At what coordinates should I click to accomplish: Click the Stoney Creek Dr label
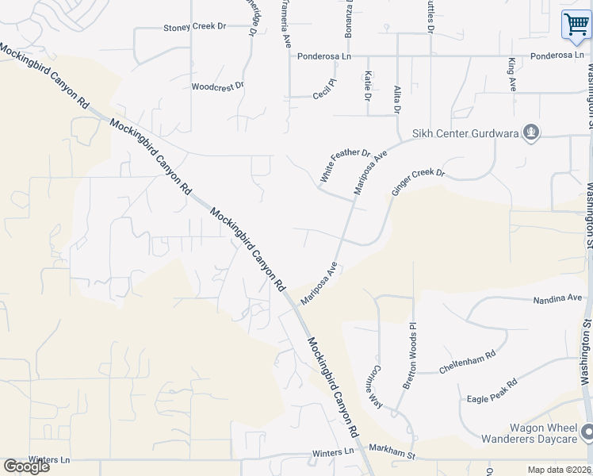pos(195,27)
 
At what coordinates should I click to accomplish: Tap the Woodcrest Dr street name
pos(217,86)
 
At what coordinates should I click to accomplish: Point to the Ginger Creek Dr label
pos(418,183)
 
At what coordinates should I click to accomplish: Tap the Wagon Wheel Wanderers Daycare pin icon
pos(587,432)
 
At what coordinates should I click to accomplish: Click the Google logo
pos(26,466)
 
